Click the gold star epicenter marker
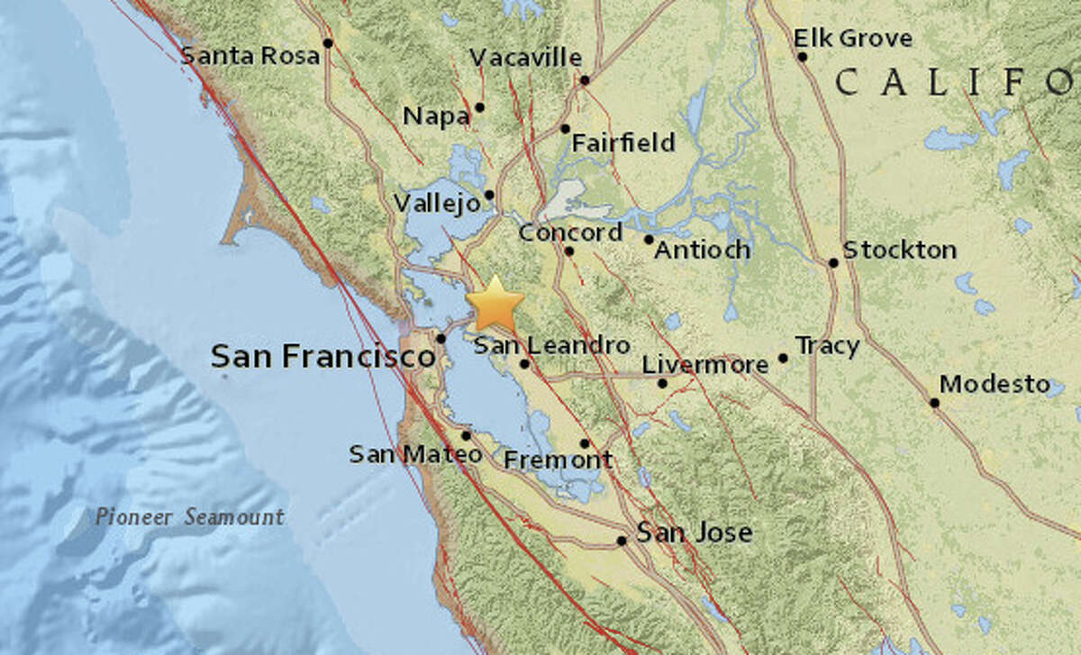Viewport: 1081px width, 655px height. click(x=495, y=305)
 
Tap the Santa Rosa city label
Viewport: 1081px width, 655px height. click(x=250, y=56)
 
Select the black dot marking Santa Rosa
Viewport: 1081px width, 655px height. click(x=329, y=42)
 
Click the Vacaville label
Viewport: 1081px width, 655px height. click(x=526, y=58)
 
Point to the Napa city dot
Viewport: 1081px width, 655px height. click(x=480, y=107)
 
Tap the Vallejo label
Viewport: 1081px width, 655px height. click(x=437, y=205)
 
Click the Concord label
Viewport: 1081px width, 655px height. click(x=570, y=232)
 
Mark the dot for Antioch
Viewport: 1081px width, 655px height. click(x=649, y=240)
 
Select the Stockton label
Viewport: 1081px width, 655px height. click(x=899, y=250)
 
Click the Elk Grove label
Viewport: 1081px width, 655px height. click(x=852, y=39)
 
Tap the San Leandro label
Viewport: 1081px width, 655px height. click(x=551, y=344)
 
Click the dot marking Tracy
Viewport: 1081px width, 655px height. click(x=783, y=358)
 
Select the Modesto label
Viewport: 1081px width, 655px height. click(x=995, y=385)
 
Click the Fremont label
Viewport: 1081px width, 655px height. click(x=558, y=459)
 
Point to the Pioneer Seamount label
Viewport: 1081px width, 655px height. click(x=190, y=517)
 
